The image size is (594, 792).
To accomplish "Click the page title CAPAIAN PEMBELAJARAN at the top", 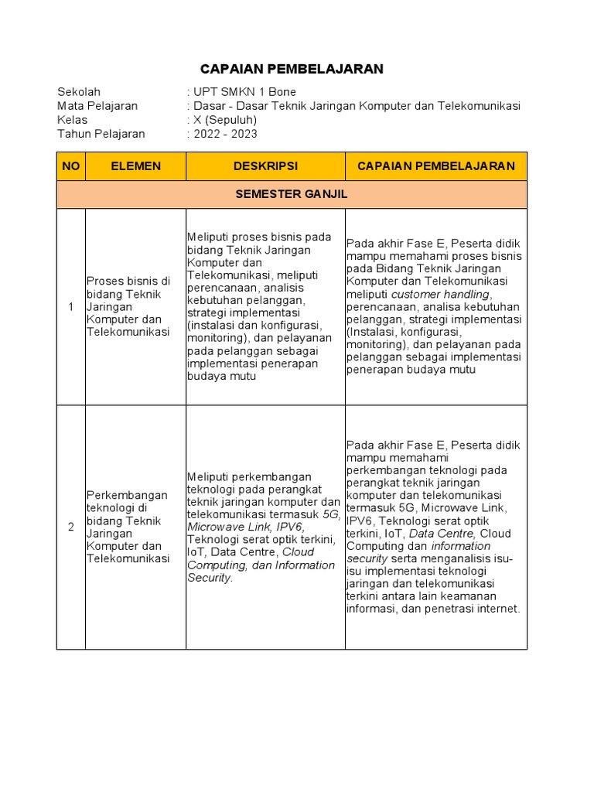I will tap(292, 69).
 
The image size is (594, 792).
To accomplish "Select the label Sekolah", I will tap(79, 92).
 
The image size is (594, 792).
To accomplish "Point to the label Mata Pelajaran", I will tap(97, 106).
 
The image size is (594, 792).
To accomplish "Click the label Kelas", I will tap(73, 120).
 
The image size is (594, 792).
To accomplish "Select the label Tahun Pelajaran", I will tap(101, 134).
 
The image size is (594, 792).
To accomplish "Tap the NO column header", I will tap(70, 166).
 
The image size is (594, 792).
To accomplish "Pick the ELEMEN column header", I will tap(135, 166).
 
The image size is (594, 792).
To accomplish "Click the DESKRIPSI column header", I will tap(265, 166).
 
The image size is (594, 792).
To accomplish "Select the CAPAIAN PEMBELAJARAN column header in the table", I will tap(435, 166).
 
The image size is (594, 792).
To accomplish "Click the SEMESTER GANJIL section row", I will tap(292, 194).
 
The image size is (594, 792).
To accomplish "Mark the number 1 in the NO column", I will tap(70, 307).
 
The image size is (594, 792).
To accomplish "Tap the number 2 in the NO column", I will tap(70, 527).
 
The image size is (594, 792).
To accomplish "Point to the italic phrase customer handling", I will tap(440, 294).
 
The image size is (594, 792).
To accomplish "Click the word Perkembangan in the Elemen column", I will tap(127, 495).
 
